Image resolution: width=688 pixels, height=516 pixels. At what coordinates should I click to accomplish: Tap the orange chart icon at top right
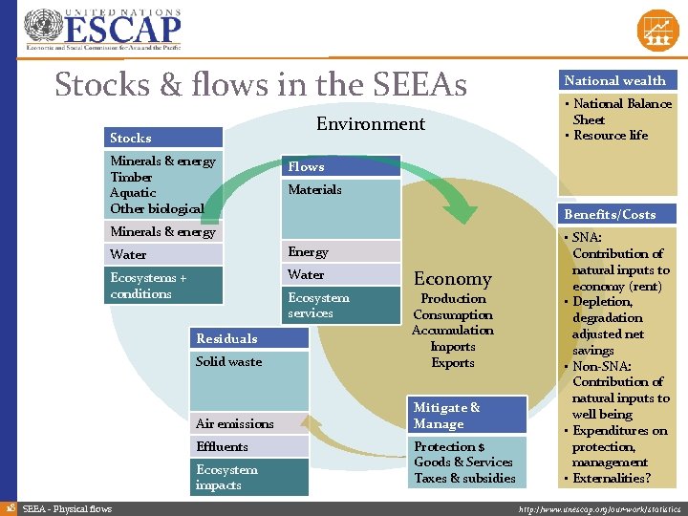(x=656, y=30)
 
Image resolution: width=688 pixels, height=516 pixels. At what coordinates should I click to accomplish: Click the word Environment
(x=371, y=124)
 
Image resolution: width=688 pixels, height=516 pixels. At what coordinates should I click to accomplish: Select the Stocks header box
(x=165, y=138)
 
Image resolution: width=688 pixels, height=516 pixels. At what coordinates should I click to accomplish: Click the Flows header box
(x=339, y=166)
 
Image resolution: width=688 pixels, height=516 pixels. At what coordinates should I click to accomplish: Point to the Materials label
(x=315, y=190)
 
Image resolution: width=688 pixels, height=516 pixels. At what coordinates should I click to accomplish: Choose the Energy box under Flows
(x=339, y=252)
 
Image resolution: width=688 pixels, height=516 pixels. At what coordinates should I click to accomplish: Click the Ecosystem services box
(x=339, y=306)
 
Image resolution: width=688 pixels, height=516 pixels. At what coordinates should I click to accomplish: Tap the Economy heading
(x=453, y=279)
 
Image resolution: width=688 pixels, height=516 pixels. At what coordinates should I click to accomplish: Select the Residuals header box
(x=249, y=338)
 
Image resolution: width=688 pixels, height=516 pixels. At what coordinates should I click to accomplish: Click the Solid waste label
(x=229, y=361)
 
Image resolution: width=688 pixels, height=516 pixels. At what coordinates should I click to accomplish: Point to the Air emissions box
(x=249, y=423)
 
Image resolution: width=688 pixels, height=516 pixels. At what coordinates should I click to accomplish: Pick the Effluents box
(x=249, y=446)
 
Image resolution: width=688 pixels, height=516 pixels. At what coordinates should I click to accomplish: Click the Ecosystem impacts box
(x=249, y=477)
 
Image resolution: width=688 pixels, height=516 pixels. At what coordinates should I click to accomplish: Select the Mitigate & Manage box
(x=467, y=416)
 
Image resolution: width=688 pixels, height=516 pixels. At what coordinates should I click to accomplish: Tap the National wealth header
(x=614, y=81)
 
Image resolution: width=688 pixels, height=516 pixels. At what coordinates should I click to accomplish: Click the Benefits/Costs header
(x=614, y=214)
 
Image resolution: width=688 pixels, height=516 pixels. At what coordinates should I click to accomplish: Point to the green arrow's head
(x=466, y=211)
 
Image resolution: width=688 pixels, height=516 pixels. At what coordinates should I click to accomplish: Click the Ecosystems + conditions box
(x=165, y=286)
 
